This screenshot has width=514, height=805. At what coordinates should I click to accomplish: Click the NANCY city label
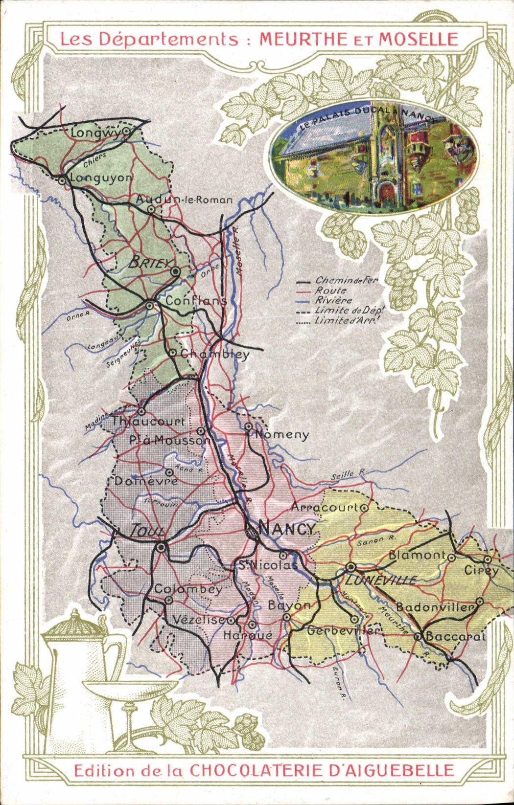tap(288, 529)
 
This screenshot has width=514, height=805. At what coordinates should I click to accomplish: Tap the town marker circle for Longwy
tap(126, 131)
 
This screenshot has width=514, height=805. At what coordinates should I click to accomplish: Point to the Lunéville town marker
tap(350, 567)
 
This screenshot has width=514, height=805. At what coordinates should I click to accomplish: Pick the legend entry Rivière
tap(333, 300)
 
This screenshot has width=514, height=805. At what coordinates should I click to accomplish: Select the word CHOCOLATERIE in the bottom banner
tap(256, 771)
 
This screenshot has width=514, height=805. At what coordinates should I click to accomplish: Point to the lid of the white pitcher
tap(76, 624)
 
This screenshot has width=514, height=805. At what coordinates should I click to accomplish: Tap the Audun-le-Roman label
tap(184, 200)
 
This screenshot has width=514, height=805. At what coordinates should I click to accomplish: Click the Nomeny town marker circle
tap(249, 427)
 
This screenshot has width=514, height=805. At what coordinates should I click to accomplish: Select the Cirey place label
tap(481, 570)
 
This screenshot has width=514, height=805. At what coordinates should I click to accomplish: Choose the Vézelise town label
tap(198, 620)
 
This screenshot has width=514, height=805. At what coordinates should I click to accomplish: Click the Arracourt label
tap(325, 507)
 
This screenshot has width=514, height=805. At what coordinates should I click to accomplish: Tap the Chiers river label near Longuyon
tap(94, 159)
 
